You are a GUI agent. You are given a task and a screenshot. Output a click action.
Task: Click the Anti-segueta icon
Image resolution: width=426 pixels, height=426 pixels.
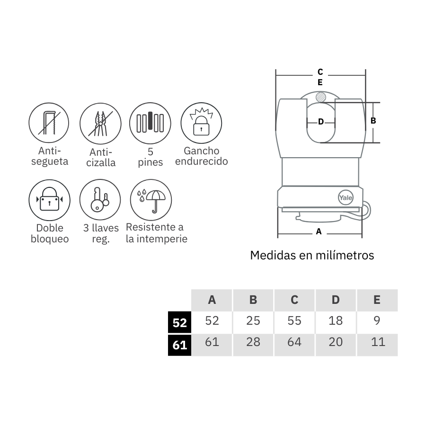49,124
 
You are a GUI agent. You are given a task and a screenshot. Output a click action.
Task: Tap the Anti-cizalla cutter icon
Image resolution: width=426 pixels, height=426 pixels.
100,124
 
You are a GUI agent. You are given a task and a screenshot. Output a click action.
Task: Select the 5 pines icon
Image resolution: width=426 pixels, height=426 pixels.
150,124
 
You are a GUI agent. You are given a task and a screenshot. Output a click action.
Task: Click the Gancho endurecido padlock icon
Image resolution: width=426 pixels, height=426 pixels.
201,124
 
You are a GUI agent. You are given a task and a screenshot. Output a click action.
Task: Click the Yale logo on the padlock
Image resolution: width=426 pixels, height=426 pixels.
345,198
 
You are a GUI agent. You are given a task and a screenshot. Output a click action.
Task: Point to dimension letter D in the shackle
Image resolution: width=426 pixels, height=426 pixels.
320,122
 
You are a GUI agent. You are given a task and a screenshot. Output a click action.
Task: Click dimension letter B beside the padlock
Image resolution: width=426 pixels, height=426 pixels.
373,121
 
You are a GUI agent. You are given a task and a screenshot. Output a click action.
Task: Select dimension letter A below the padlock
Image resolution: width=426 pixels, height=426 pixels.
319,231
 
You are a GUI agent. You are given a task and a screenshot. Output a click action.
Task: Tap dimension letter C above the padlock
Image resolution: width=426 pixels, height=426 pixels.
320,72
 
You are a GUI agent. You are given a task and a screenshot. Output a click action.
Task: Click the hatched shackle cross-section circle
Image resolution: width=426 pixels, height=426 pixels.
320,98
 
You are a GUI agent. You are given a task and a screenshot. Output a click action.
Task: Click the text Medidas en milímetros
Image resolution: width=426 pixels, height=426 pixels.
312,256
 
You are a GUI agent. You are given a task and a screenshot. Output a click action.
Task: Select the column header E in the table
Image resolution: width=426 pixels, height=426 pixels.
377,300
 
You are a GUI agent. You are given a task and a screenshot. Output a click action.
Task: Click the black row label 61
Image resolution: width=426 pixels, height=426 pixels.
180,345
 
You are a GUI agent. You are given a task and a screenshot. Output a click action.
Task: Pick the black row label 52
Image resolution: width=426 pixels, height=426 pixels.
180,323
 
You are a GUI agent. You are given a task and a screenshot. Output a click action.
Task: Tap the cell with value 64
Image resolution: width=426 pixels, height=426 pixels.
294,342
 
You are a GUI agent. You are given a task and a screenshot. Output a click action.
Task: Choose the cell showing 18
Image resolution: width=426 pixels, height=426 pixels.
336,320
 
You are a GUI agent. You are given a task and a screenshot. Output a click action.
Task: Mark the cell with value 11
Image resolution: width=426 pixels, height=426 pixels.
378,342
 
